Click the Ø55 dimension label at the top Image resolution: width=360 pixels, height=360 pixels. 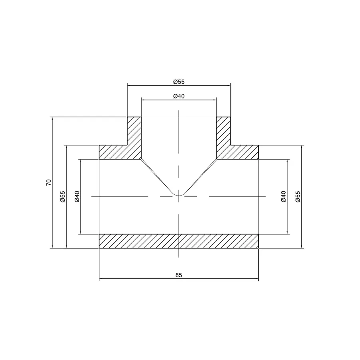pos(179,82)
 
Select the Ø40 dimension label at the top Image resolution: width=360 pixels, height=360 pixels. pos(179,96)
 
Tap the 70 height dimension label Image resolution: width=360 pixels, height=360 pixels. pos(49,182)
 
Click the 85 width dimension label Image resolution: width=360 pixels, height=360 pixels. pos(179,275)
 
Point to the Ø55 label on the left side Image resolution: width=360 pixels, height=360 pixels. pos(63,196)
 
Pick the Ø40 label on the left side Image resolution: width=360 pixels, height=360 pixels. pos(77,196)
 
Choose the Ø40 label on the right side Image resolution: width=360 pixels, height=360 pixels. pos(283,196)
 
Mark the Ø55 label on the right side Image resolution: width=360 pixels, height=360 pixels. pos(298,196)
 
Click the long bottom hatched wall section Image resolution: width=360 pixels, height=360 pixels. pos(179,241)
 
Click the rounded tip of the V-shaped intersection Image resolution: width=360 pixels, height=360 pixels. pos(179,195)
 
